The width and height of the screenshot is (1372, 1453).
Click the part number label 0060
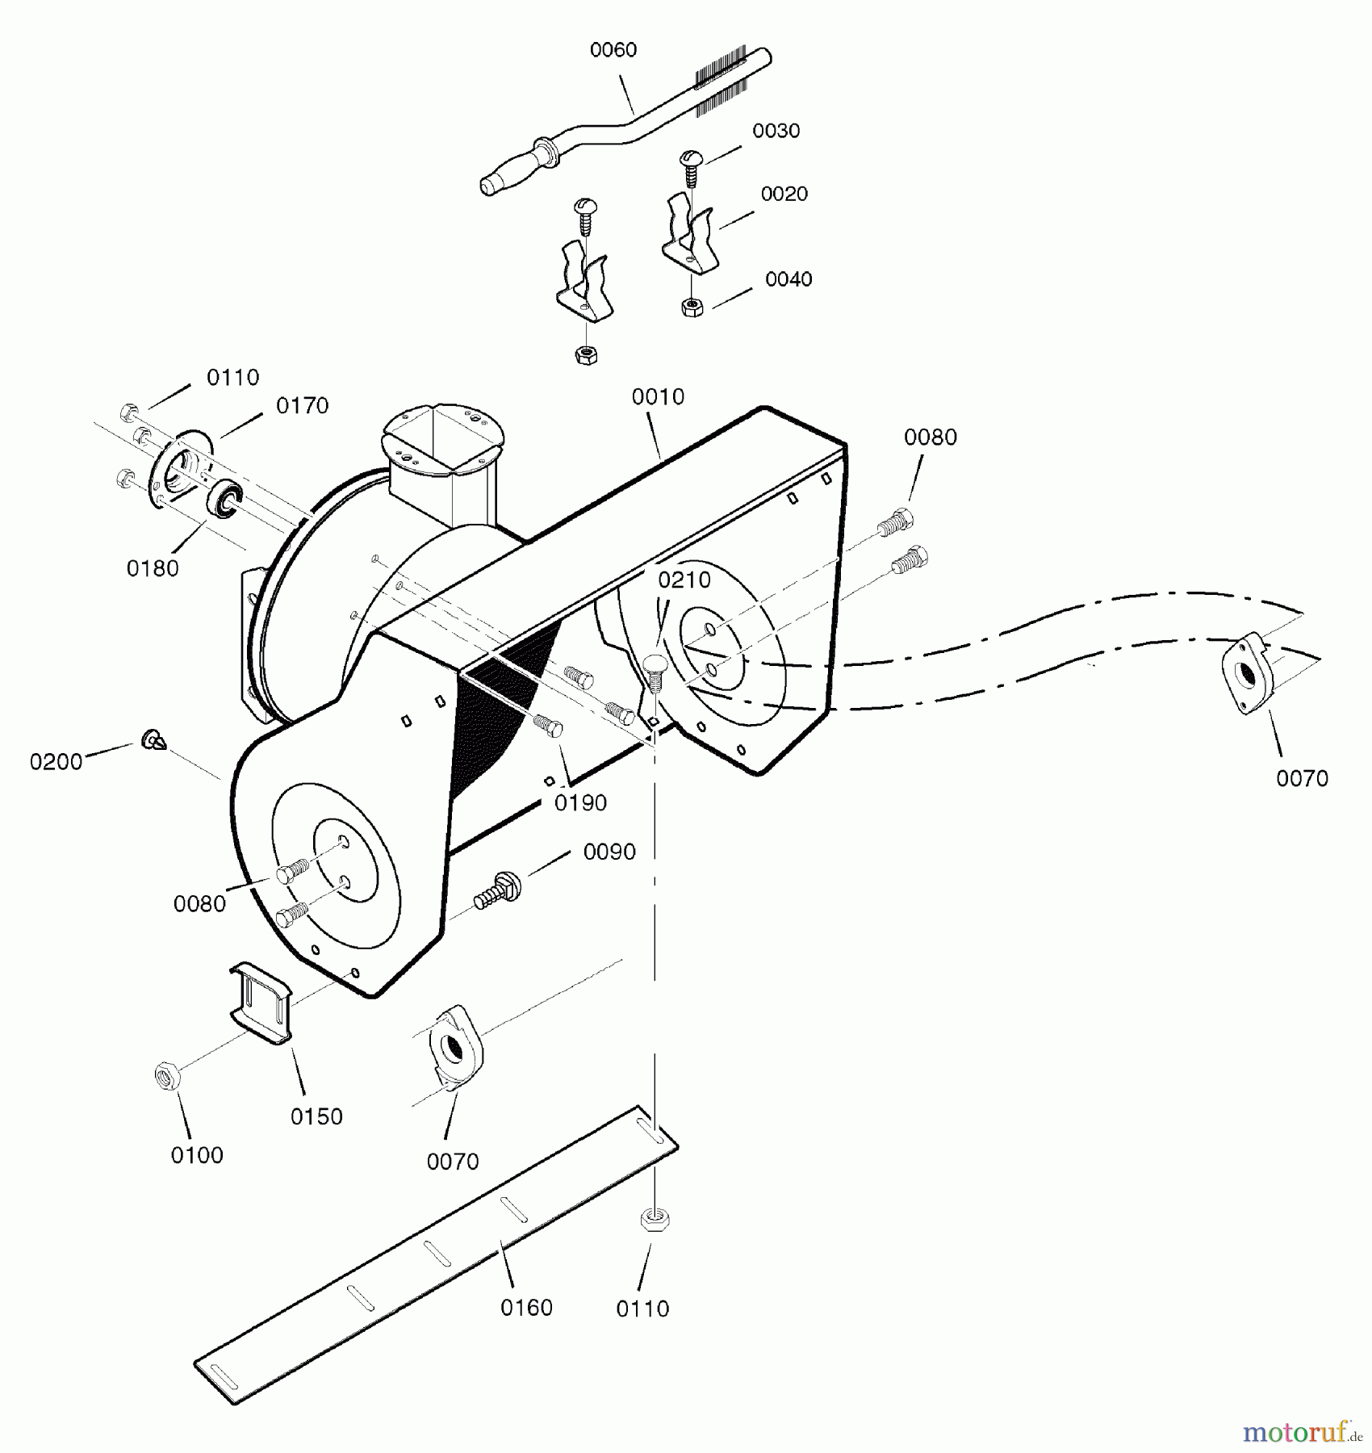[613, 50]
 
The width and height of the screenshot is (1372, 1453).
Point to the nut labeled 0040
[692, 307]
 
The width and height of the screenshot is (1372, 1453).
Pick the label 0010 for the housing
[658, 397]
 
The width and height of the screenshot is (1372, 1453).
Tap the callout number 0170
[303, 406]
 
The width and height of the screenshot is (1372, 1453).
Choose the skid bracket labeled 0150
[261, 1003]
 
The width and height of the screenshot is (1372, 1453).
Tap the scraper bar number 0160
[526, 1308]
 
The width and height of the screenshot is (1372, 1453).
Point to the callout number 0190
[581, 803]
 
